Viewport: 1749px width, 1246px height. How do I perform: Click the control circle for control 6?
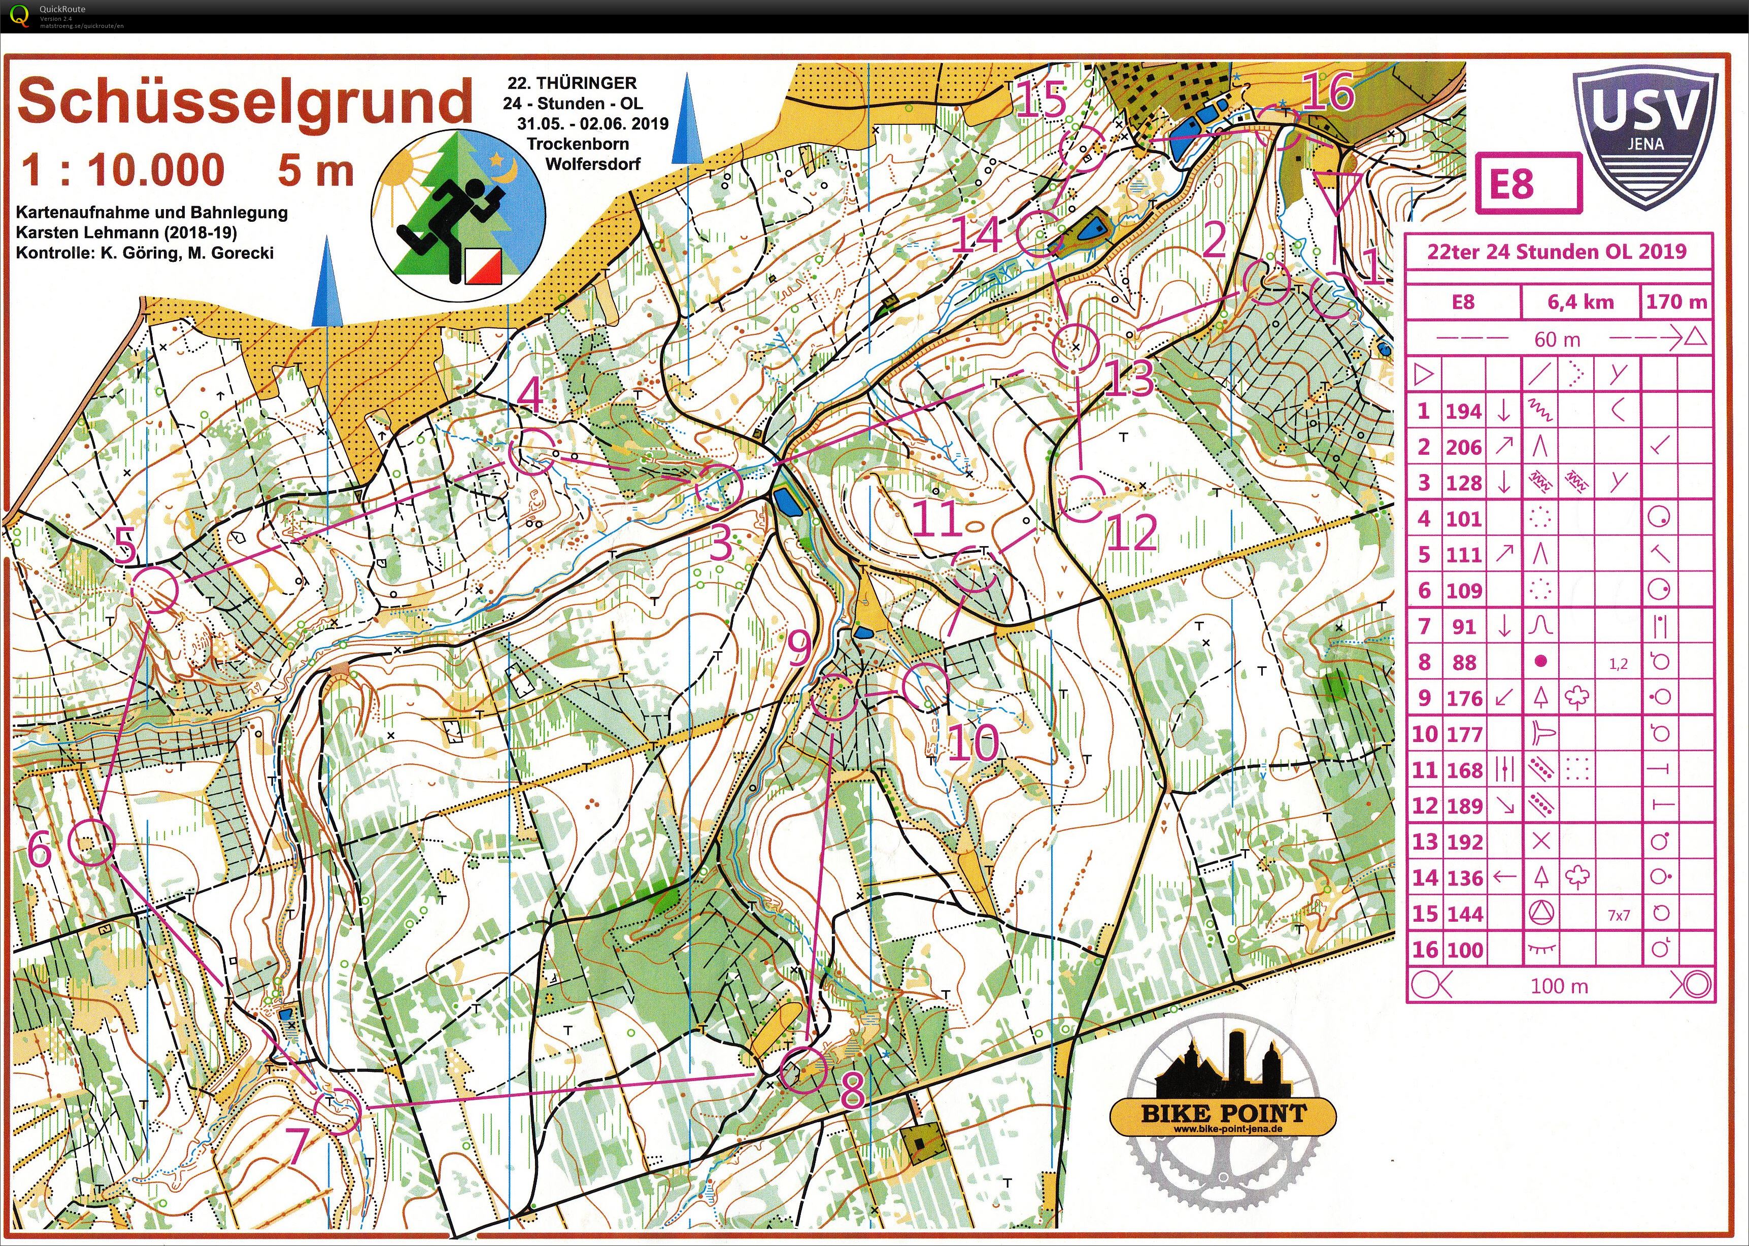90,841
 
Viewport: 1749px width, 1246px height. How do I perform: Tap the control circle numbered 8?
803,1069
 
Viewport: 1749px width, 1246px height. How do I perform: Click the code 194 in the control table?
1463,411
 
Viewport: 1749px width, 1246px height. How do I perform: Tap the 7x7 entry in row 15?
1619,915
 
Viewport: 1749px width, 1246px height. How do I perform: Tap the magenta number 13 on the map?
1129,378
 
